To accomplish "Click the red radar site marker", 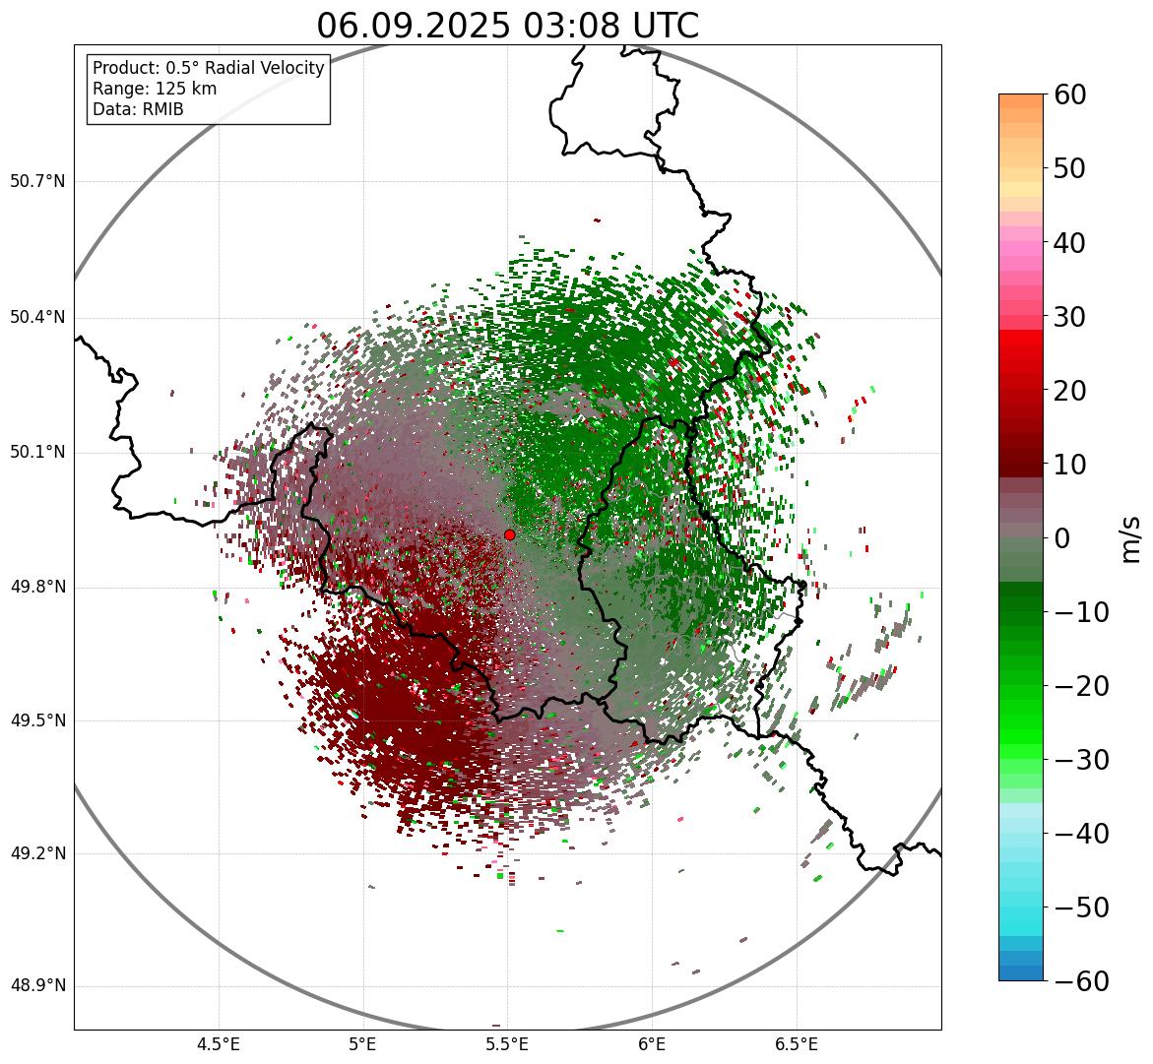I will pos(509,534).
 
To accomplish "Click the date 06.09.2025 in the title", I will pos(414,27).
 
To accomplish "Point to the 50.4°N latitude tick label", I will pos(37,317).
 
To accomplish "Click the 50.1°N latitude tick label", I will pos(37,453).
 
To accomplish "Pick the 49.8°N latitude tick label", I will pos(37,588).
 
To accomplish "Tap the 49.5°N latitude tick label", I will pos(37,721).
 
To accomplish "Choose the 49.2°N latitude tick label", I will pos(37,853).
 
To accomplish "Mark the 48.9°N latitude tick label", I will pos(37,986).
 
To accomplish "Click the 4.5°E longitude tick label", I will pos(219,1043).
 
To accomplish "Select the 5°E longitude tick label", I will pos(363,1043).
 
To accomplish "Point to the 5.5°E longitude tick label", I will pos(507,1043).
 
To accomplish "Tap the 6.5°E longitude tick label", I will pos(796,1043).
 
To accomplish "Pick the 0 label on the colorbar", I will pos(1062,538).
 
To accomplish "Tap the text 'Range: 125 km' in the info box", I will pos(155,89).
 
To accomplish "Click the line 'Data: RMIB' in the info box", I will pos(138,109).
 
